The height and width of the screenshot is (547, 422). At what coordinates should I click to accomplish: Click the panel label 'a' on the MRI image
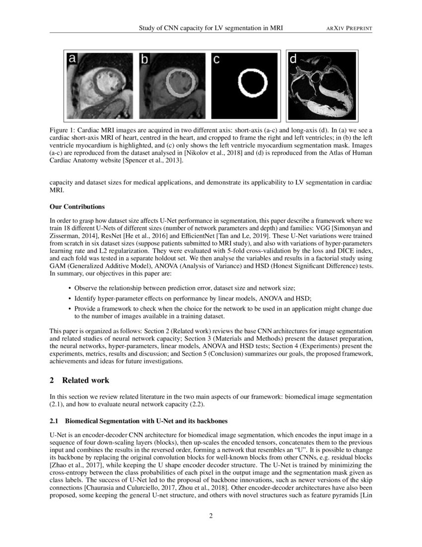(x=72, y=59)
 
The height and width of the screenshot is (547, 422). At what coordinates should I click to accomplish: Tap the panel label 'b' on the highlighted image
(x=145, y=60)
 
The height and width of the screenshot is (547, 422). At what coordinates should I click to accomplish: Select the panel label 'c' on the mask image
(x=216, y=60)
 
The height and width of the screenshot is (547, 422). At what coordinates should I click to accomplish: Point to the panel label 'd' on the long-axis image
(x=293, y=59)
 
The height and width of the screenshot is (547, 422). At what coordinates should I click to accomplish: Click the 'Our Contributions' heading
(x=77, y=206)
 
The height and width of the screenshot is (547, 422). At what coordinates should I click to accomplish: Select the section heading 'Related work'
(x=85, y=380)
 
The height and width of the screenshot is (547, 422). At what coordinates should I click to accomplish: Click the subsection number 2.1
(x=54, y=421)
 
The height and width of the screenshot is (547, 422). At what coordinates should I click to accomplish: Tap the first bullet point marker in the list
(x=69, y=288)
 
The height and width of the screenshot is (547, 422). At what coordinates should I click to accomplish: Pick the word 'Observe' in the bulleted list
(x=85, y=288)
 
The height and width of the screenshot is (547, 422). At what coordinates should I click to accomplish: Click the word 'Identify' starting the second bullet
(x=85, y=298)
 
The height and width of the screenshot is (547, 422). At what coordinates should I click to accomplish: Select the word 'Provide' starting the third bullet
(x=85, y=308)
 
